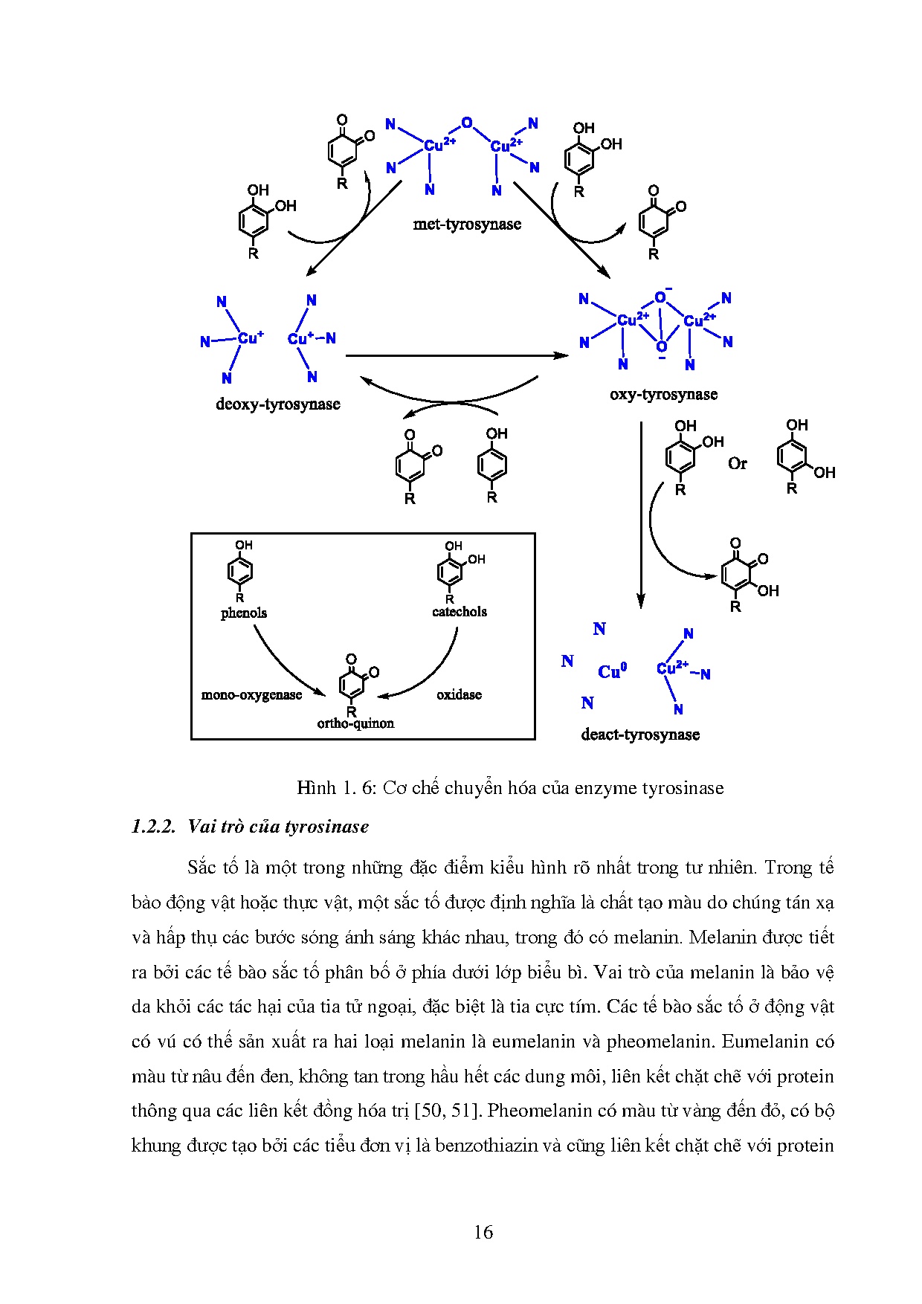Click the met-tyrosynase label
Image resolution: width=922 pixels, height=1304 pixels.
pos(467,224)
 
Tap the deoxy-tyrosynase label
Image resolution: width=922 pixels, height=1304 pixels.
pos(277,404)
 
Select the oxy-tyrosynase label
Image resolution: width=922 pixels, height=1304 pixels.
pos(663,394)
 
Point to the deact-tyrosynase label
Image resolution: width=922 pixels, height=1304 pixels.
pos(640,735)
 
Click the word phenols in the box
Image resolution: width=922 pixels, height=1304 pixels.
pos(243,613)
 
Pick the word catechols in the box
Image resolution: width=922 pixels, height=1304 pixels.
pos(459,612)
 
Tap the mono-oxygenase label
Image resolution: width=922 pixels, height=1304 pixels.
pos(251,695)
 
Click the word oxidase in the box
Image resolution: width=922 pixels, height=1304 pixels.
pos(459,694)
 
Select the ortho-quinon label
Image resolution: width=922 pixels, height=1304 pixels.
pos(355,723)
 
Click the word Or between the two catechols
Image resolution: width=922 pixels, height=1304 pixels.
pos(737,464)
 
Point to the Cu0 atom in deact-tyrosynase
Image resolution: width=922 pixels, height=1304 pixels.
pos(612,671)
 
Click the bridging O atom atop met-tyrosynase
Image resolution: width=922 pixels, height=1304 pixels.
pos(467,123)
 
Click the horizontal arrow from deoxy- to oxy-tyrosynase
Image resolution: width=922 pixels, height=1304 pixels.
pos(456,356)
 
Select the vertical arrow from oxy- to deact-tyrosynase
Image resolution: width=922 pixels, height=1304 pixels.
pos(641,513)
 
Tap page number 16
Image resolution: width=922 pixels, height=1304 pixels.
pos(483,1232)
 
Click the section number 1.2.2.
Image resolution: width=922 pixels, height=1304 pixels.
pos(153,827)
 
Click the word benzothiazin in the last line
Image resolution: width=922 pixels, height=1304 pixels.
pos(486,1145)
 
